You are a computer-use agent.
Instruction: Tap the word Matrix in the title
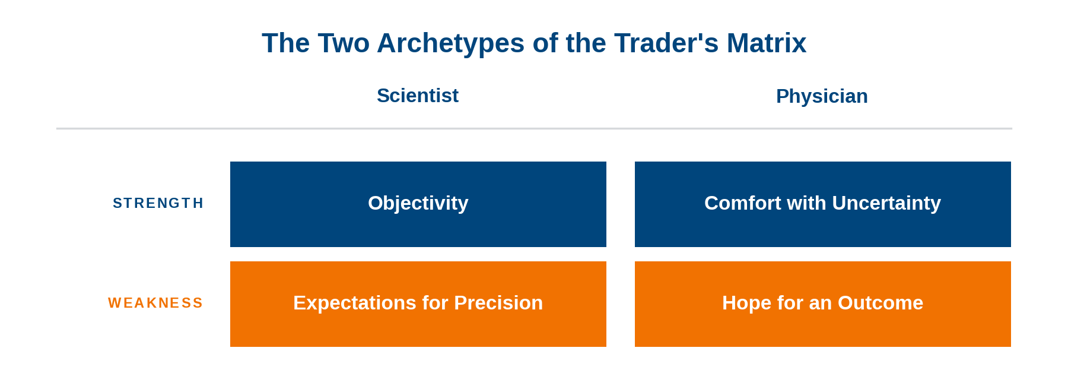tap(767, 43)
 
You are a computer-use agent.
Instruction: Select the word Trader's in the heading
tap(667, 43)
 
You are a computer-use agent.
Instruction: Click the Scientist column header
tap(418, 96)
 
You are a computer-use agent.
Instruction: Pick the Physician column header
tap(822, 96)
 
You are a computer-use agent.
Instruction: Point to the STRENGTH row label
tap(158, 203)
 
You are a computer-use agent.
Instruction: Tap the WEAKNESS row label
tap(155, 303)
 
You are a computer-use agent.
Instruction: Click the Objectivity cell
tap(418, 204)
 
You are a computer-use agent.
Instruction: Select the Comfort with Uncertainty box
tap(823, 204)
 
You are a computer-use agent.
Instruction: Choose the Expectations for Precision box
tap(418, 304)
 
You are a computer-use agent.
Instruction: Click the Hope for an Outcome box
tap(823, 304)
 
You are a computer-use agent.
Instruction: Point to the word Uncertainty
tap(886, 204)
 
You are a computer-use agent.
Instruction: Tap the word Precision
tap(498, 303)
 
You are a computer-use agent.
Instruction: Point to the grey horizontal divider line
tap(534, 128)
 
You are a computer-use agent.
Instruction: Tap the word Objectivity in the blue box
tap(418, 204)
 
